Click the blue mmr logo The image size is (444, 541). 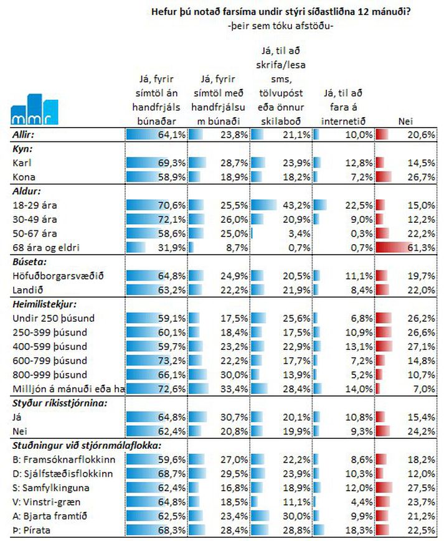coord(34,110)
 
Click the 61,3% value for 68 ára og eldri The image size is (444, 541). coord(421,248)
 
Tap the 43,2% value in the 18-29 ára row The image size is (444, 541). coord(296,205)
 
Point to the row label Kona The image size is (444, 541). coord(24,177)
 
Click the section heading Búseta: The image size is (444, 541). coord(29,262)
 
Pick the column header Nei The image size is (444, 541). coord(405,121)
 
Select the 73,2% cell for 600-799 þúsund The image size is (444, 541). coord(172,361)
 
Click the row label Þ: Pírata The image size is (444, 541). coord(31,530)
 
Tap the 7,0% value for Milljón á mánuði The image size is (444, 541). coord(424,389)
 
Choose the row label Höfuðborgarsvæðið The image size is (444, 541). coord(58,276)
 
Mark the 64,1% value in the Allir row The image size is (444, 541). coord(172,134)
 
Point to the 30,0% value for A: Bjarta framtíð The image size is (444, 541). coord(296,516)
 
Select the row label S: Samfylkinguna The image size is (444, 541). coord(51,488)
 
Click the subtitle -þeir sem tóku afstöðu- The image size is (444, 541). coord(280,26)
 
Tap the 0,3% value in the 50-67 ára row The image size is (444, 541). coord(362,233)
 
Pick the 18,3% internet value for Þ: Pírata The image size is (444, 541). coord(359,530)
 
